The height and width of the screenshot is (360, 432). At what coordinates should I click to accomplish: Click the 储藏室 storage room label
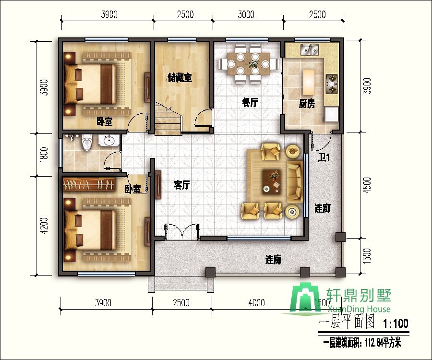pos(180,78)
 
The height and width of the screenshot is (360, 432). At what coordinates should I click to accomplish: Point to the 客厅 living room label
pos(181,185)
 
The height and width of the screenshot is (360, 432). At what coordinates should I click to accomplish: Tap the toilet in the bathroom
pos(87,142)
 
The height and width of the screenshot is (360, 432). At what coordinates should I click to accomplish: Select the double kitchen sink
pos(310,49)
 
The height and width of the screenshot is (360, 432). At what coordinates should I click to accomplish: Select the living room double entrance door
pos(181,232)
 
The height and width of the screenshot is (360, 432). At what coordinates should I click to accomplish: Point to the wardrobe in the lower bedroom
pos(88,184)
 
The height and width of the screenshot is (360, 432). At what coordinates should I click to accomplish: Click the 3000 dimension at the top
pos(246,14)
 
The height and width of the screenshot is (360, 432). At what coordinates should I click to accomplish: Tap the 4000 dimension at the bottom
pos(257,303)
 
